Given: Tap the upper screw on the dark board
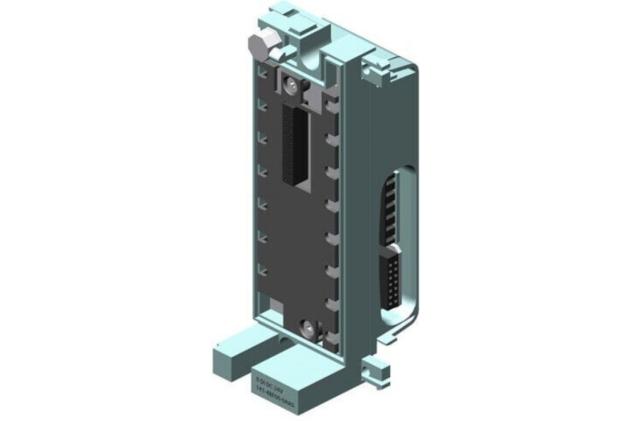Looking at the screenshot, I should tap(290, 82).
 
